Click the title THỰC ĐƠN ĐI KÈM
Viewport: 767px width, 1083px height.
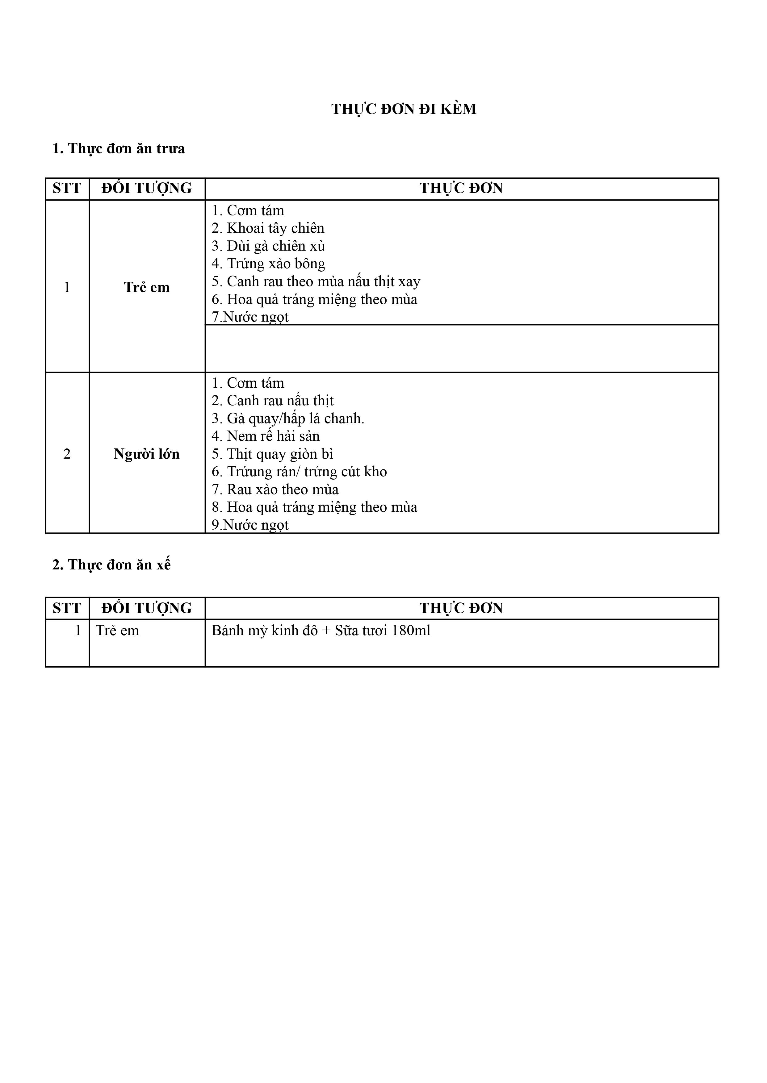(404, 109)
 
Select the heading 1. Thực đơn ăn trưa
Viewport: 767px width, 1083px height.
(119, 149)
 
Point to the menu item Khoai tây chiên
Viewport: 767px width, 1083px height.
(268, 228)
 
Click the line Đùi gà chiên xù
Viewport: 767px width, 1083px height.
(268, 246)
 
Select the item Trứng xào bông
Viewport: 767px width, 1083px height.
(268, 264)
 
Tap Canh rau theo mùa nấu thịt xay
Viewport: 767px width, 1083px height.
(316, 281)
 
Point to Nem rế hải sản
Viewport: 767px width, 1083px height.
(266, 436)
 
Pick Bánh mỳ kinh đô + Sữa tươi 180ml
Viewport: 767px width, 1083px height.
(321, 631)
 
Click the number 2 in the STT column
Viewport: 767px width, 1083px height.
(67, 454)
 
